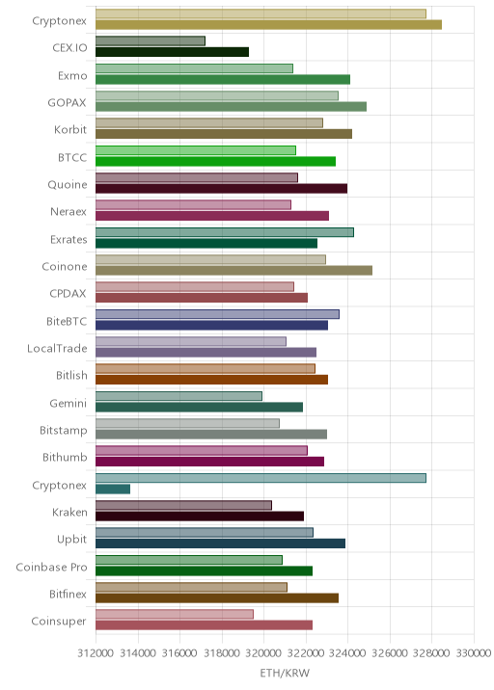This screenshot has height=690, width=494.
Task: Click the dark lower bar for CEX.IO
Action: [173, 52]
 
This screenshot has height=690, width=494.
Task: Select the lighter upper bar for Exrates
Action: [225, 232]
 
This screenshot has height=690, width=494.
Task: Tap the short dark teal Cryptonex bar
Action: [113, 489]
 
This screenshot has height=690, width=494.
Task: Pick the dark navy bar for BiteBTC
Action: [211, 325]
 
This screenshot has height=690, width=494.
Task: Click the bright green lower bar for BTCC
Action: [215, 162]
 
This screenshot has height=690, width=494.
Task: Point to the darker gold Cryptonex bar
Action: [269, 25]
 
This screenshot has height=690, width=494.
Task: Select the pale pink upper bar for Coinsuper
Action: [175, 614]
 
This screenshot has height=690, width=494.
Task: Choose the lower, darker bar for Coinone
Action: [234, 271]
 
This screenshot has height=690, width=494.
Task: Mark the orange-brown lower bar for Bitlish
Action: [211, 380]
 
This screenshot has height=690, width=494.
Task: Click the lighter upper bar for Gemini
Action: [178, 396]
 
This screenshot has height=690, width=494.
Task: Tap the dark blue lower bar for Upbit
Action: [220, 544]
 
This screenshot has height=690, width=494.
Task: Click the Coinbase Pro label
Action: [51, 567]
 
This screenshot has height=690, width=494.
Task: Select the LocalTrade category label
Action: [57, 349]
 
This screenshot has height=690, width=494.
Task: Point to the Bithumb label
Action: [65, 457]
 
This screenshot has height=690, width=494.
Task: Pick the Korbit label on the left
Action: [70, 130]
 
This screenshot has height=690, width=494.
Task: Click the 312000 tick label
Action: [96, 652]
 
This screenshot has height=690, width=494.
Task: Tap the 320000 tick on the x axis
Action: [263, 652]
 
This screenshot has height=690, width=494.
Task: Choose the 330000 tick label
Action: [474, 652]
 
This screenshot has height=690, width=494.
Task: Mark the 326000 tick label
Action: [390, 652]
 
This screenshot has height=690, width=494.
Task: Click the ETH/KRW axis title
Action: [285, 674]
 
